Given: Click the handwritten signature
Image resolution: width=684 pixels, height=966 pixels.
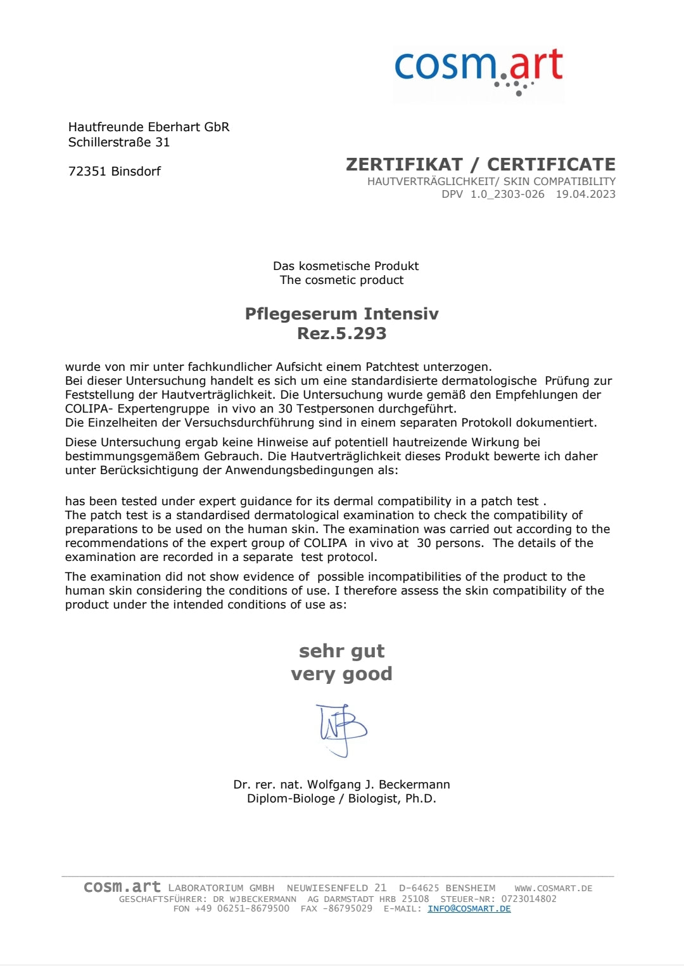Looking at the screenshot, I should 342,729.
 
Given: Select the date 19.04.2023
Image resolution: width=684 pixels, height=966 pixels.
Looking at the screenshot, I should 585,194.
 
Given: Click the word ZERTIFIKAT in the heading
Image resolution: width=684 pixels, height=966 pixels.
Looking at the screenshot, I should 404,165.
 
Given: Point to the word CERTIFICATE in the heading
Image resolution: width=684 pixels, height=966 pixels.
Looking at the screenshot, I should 551,165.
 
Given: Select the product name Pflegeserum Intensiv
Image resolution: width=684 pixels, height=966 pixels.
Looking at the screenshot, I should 342,314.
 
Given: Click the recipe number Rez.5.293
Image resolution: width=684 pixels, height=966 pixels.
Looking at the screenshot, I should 342,333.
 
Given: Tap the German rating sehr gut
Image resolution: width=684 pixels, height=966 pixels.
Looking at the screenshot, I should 342,651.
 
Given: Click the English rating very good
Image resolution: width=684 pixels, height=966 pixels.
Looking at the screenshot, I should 342,674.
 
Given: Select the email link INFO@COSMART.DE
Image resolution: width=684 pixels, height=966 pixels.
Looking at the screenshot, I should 469,908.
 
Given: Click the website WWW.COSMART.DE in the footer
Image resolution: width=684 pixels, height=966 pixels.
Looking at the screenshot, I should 554,888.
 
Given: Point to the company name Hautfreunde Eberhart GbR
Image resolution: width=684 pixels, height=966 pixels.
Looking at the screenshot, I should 149,127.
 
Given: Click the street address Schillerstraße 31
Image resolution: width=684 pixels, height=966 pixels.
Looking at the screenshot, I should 119,142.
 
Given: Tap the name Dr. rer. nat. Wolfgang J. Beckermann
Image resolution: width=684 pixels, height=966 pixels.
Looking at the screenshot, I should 342,784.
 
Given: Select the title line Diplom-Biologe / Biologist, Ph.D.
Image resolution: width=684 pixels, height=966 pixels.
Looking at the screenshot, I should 342,799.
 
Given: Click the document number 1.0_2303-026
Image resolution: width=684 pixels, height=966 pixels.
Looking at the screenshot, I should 507,194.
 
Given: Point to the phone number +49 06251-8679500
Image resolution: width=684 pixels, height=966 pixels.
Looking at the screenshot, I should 242,908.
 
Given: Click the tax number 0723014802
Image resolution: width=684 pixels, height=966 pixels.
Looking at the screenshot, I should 529,899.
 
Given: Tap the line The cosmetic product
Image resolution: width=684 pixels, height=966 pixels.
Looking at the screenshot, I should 342,280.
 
